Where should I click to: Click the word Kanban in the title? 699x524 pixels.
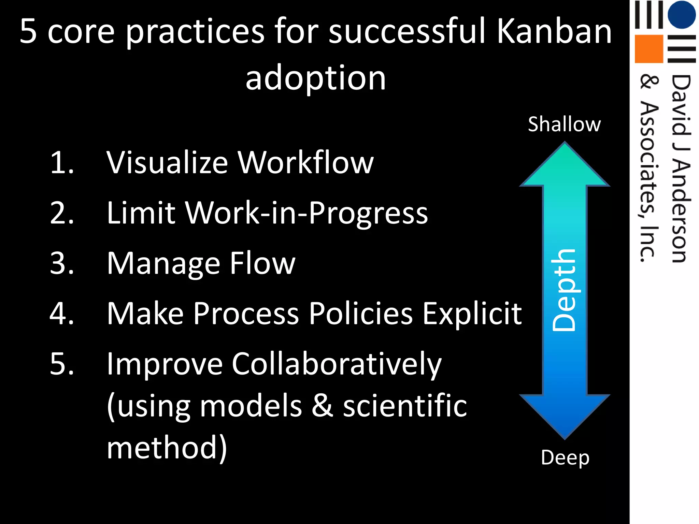point(554,31)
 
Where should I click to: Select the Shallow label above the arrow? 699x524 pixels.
point(564,124)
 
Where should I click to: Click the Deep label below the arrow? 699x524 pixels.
point(565,458)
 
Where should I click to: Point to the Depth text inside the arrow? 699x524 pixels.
point(564,290)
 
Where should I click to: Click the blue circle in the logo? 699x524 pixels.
point(681,14)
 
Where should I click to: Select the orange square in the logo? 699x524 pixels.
point(648,49)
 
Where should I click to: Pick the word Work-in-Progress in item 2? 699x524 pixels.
point(306,213)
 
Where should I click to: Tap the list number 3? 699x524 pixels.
point(62,263)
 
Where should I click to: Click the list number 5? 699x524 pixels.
point(62,364)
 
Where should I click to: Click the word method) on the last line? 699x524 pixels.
point(167,448)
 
